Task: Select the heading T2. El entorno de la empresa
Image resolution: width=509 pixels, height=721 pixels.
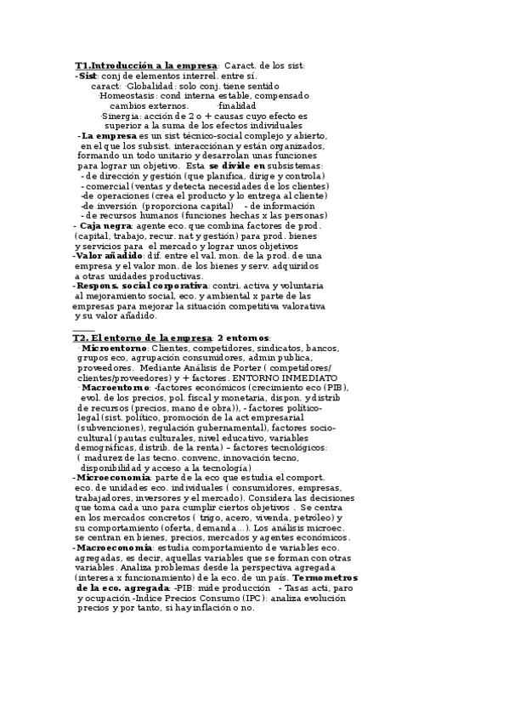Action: pos(142,338)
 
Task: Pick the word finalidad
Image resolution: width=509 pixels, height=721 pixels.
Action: pos(237,105)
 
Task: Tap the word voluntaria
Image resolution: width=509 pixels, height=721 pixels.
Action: pos(296,286)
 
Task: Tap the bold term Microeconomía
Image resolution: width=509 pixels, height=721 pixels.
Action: pos(111,478)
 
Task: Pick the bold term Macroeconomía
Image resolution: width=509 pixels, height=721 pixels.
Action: pos(112,548)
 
